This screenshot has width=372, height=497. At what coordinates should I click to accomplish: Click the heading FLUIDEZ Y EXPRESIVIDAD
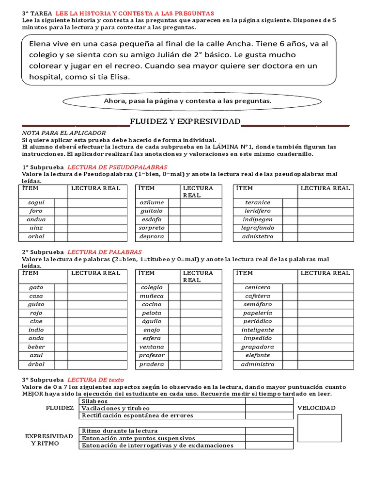tap(185, 121)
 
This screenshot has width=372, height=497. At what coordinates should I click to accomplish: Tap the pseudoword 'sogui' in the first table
tap(36, 202)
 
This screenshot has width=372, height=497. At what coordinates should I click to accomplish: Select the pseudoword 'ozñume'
tap(152, 202)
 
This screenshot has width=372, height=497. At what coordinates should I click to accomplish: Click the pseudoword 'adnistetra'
tap(258, 236)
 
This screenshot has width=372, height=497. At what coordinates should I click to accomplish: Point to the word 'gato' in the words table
tap(36, 287)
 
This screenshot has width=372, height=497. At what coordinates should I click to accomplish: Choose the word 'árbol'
tap(36, 364)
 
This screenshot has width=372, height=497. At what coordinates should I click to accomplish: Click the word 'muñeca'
tap(152, 296)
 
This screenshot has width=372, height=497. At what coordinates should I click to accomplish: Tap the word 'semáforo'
tap(258, 304)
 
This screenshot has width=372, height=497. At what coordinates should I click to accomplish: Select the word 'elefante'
tap(258, 355)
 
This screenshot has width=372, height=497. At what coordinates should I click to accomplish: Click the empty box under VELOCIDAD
tap(319, 428)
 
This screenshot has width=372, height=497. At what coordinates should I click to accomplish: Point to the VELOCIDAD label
tap(316, 408)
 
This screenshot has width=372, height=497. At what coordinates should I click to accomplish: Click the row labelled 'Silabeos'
tap(95, 401)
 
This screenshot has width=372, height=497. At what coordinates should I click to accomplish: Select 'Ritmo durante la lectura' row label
tap(120, 431)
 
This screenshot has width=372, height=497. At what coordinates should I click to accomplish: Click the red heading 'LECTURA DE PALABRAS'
tap(104, 252)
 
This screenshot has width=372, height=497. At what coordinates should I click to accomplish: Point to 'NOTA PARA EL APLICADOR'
tap(64, 133)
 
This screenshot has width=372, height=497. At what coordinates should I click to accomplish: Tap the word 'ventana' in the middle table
tap(152, 347)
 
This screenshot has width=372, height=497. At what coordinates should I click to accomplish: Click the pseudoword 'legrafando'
tap(258, 228)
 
